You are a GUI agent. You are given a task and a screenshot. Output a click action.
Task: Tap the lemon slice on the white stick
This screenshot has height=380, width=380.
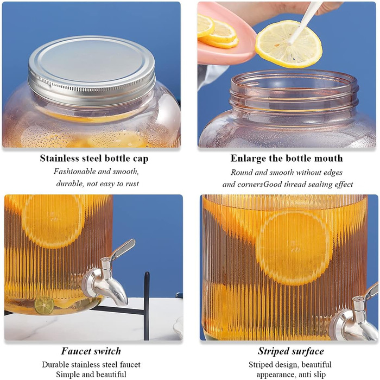point(288,44)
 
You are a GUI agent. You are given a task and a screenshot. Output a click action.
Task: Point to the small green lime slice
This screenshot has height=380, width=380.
point(44,306)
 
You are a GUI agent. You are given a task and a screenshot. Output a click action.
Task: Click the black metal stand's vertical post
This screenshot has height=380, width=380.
point(147,306)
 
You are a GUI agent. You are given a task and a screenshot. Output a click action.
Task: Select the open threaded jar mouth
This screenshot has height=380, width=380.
point(294,93)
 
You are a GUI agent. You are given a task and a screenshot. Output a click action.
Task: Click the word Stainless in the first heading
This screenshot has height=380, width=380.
point(59,159)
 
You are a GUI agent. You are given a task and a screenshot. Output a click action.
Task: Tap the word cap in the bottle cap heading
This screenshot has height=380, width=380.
point(141,159)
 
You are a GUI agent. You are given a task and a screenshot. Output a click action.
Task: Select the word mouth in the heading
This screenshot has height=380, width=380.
point(328,159)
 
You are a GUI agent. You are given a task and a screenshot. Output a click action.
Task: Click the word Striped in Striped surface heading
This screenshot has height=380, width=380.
point(273,351)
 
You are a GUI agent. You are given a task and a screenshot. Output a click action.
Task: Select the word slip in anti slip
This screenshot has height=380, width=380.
point(319,375)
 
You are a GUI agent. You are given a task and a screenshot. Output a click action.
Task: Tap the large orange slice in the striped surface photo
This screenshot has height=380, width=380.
point(294,248)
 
